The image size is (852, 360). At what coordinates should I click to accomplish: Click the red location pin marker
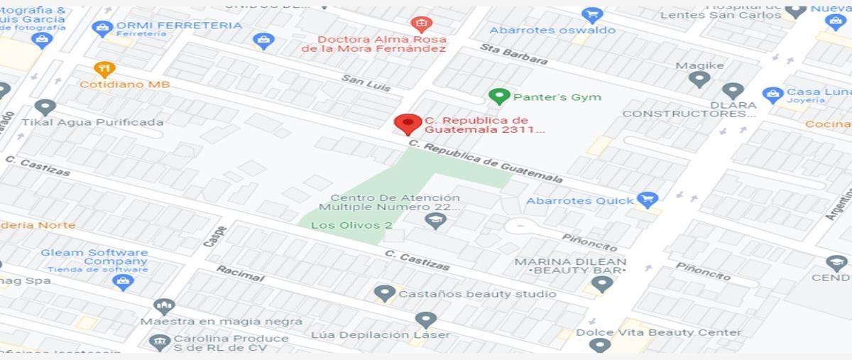point(408,124)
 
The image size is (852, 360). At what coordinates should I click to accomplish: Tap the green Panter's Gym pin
point(499,97)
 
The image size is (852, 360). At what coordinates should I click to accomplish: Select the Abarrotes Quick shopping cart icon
point(647,200)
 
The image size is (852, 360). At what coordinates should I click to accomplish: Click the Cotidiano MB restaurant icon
point(104,70)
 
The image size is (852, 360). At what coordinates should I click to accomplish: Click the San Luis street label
point(366,83)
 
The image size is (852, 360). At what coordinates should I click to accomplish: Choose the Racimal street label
point(239,273)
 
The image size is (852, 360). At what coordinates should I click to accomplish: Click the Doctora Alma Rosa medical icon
point(421,24)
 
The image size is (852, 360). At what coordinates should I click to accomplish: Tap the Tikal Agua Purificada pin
point(45,108)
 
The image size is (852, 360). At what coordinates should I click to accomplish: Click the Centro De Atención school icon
point(435,221)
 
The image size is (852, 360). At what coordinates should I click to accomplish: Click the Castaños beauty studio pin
point(385,293)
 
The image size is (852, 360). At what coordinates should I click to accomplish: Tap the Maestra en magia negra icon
point(164,307)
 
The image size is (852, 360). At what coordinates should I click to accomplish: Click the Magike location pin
point(699,80)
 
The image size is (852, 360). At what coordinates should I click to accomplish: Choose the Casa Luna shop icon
point(772,94)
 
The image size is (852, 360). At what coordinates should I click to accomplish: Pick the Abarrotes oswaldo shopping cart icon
point(591,15)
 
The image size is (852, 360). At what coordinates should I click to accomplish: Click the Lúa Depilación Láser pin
point(425,320)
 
